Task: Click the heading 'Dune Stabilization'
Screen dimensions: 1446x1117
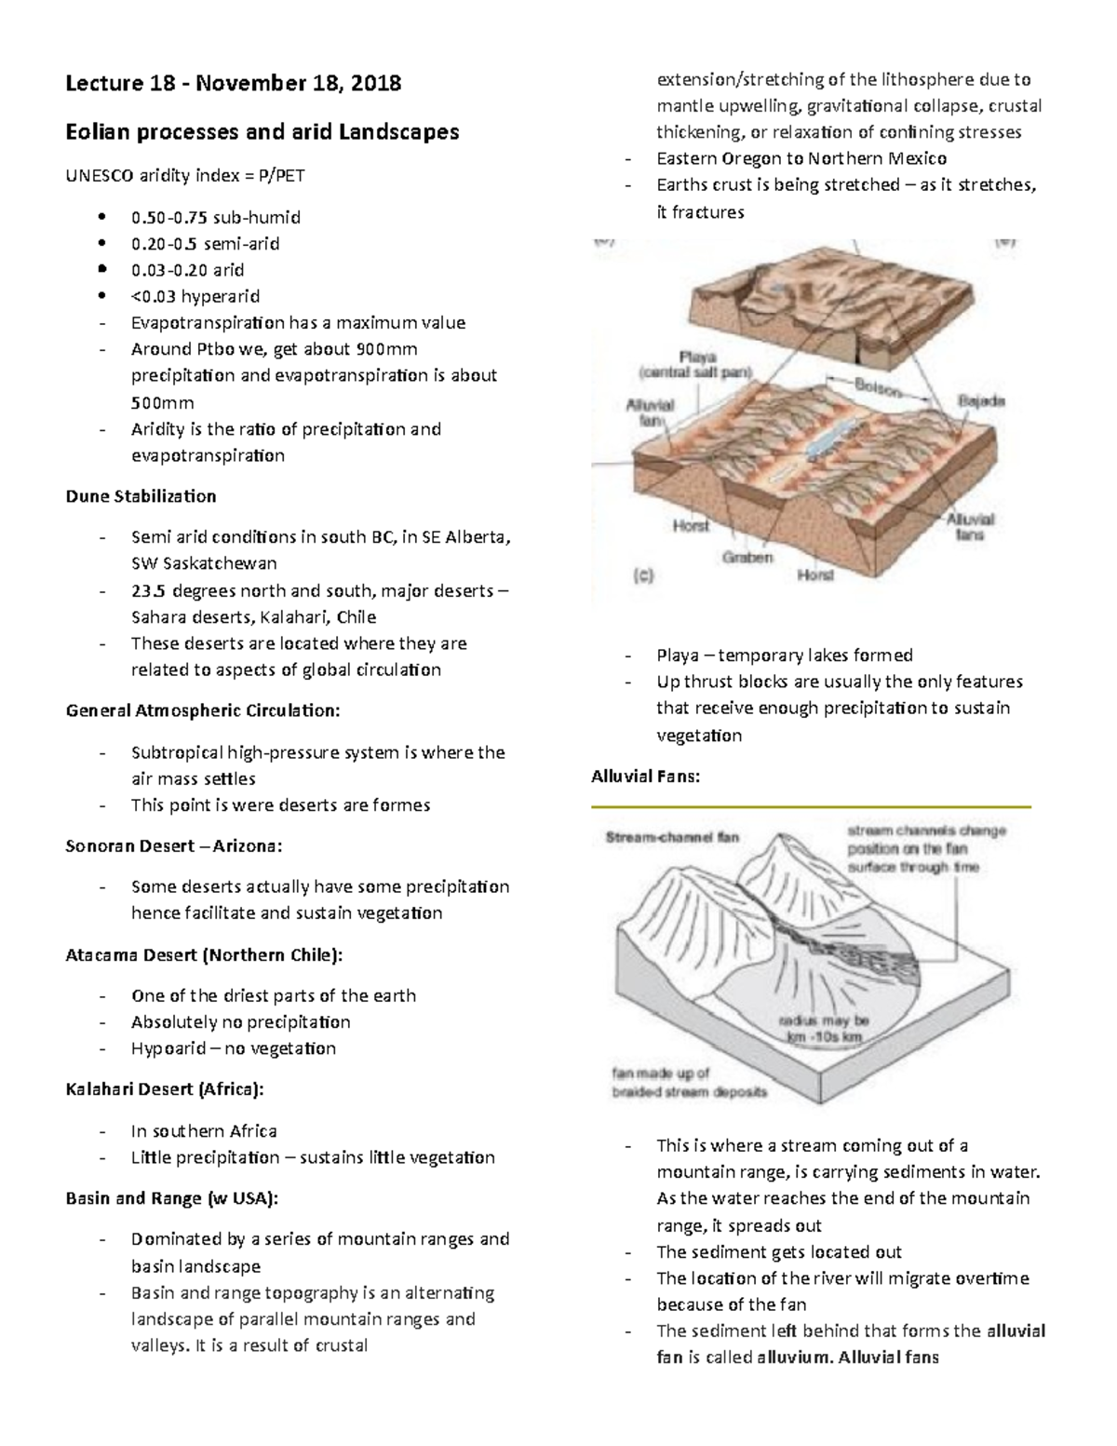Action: tap(141, 496)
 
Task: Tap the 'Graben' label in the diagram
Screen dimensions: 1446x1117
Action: tap(748, 558)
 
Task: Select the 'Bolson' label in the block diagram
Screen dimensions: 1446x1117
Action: tap(879, 387)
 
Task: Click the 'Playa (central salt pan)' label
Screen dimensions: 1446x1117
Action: tap(695, 364)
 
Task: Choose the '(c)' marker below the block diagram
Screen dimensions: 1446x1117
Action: tap(643, 576)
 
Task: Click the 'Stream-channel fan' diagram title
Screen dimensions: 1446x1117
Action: tap(672, 836)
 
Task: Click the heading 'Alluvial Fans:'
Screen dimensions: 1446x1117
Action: tap(645, 777)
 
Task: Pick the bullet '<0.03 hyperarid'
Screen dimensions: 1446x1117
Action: tap(195, 296)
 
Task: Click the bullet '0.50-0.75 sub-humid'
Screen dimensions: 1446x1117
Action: tap(216, 217)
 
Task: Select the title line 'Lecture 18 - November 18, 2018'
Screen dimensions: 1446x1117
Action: tap(234, 84)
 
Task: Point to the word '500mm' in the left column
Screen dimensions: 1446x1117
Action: tap(163, 403)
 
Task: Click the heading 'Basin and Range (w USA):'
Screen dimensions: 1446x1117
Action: tap(171, 1197)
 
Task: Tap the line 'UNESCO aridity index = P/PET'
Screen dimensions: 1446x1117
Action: tap(184, 175)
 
